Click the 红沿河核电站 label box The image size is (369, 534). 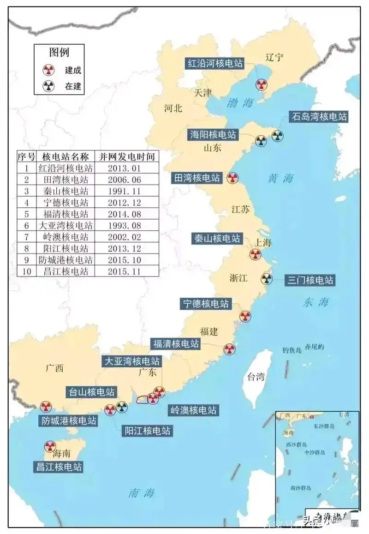[215, 64]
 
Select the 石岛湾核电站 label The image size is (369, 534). [318, 117]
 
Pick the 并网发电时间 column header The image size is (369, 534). [127, 156]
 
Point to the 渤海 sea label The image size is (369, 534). [240, 103]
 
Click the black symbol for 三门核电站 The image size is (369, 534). [267, 279]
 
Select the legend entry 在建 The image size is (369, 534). [72, 86]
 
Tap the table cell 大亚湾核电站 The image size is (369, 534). [65, 226]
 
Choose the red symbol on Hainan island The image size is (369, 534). [50, 446]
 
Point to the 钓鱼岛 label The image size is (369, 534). [292, 350]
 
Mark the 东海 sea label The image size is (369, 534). [316, 303]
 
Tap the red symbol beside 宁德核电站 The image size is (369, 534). [245, 316]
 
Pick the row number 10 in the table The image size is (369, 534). [26, 272]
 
